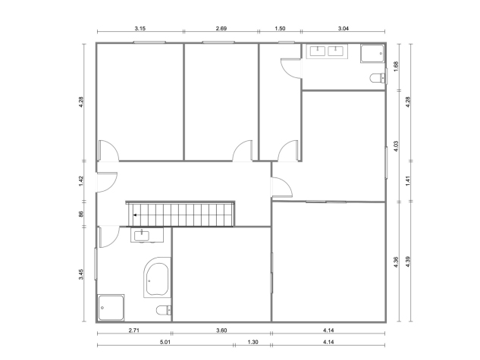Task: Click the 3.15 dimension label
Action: point(140,29)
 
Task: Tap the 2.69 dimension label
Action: point(221,29)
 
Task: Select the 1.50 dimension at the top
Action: point(280,29)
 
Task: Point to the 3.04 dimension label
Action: point(344,29)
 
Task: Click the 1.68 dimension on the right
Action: point(396,67)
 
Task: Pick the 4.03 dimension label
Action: point(396,146)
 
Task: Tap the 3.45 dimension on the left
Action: point(81,274)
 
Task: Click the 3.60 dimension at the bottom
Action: point(221,330)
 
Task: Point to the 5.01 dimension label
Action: point(165,342)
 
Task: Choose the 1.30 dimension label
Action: point(253,342)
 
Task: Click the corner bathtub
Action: point(157,277)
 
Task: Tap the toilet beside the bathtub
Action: point(164,310)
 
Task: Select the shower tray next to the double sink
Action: point(372,54)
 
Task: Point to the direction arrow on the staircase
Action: point(135,215)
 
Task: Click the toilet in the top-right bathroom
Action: point(378,78)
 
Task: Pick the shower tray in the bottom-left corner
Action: point(111,308)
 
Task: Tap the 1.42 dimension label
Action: point(81,181)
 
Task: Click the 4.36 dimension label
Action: point(396,262)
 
